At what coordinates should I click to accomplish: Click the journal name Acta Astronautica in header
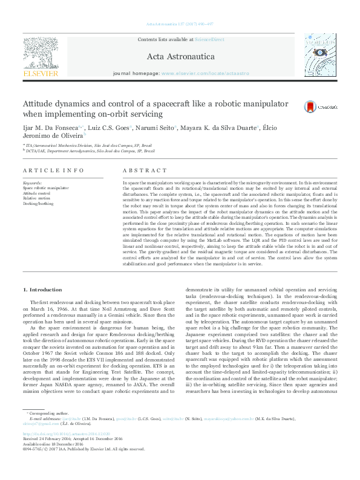182,57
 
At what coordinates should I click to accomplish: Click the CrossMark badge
312,106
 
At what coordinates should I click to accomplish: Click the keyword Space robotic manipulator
43,189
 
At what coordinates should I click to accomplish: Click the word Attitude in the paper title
39,103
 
